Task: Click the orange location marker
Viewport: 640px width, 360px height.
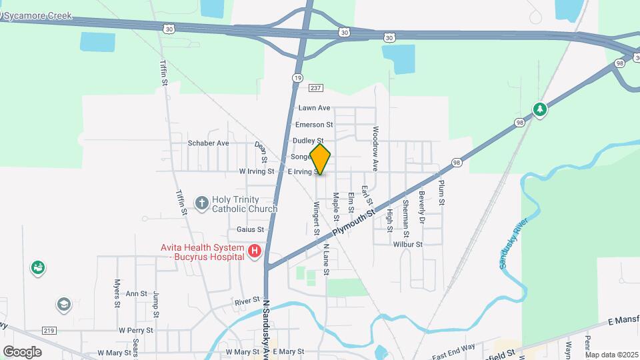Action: point(321,159)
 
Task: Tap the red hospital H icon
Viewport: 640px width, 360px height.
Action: point(254,251)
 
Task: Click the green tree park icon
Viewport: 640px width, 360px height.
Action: point(540,109)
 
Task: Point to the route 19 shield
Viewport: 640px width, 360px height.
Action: point(296,78)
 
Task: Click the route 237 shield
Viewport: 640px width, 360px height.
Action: point(316,89)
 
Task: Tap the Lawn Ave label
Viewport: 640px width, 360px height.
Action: point(314,108)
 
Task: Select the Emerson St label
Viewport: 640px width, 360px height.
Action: point(314,125)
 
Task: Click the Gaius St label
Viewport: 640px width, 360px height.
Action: point(251,229)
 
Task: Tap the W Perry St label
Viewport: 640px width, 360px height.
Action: point(136,330)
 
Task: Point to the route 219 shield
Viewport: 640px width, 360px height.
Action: point(48,330)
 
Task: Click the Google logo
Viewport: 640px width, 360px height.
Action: point(22,351)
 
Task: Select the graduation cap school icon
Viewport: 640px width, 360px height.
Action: point(63,305)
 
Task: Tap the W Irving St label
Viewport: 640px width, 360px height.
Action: point(257,171)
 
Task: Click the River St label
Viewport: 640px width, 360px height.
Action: point(247,302)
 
